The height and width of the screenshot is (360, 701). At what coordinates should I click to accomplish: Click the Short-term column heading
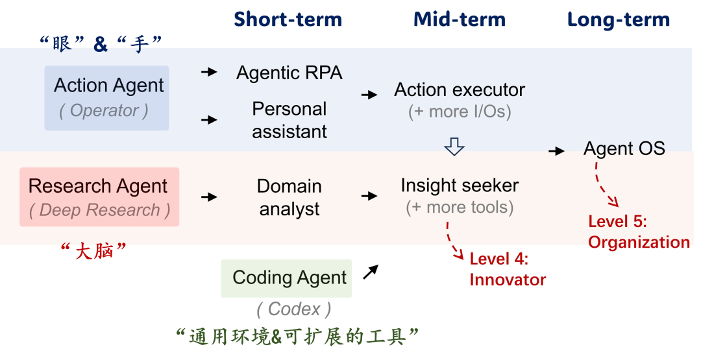(x=288, y=19)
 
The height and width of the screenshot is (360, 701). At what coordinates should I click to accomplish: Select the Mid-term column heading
(x=460, y=19)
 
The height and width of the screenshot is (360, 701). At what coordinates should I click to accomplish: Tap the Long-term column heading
(x=618, y=19)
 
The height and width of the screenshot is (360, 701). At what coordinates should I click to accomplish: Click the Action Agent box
(x=107, y=97)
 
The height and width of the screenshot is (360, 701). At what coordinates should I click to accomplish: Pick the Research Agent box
(x=99, y=197)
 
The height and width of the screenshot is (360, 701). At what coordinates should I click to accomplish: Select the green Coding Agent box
(x=286, y=278)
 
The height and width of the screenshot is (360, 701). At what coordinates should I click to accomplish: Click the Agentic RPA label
(x=289, y=73)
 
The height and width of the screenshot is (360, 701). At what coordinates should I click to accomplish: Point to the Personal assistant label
(x=289, y=120)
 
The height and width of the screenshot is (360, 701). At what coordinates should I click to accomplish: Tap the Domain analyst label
(x=289, y=197)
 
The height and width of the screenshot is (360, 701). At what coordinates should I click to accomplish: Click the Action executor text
(x=460, y=90)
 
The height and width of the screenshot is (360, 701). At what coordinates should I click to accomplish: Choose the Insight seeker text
(x=460, y=186)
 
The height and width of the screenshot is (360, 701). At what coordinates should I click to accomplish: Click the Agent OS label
(x=624, y=149)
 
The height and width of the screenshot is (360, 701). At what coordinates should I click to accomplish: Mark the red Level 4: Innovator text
(x=507, y=269)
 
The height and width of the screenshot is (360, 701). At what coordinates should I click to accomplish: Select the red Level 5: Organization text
(x=638, y=232)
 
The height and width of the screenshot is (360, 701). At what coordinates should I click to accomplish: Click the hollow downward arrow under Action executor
(x=454, y=147)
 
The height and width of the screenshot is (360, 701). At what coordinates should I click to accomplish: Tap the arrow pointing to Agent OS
(x=556, y=151)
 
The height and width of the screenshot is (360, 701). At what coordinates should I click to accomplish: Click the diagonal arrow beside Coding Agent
(x=370, y=272)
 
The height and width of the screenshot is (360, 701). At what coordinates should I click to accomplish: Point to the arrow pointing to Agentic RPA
(x=209, y=72)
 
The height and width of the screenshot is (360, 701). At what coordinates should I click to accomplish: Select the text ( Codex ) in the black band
(x=293, y=309)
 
